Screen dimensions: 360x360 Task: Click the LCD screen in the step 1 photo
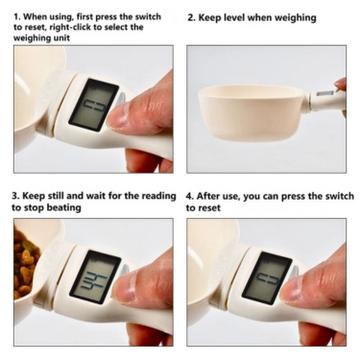point(93,105)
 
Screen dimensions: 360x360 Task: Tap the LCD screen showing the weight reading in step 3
point(95,276)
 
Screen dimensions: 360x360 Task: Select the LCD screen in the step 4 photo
point(267,277)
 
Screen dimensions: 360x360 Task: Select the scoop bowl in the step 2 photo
point(254,112)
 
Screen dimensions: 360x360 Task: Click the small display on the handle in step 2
point(325,94)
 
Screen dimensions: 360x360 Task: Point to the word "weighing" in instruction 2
point(296,18)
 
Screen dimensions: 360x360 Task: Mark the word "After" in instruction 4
point(207,196)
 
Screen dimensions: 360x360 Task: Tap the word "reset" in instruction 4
point(208,208)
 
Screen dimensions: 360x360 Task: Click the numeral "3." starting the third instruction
point(16,196)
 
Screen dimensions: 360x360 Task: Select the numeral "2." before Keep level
point(191,17)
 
